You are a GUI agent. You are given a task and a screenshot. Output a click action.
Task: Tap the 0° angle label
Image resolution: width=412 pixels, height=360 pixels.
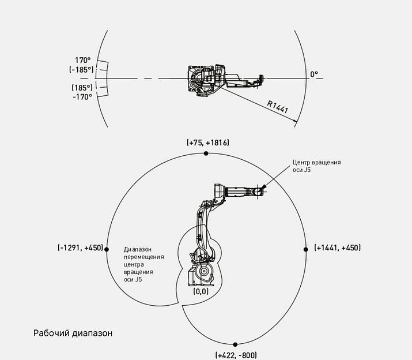[x=314, y=74]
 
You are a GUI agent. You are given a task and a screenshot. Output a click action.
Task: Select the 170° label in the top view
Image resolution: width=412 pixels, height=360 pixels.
[x=83, y=60]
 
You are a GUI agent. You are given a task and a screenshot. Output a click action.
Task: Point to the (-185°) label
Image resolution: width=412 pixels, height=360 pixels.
[x=81, y=69]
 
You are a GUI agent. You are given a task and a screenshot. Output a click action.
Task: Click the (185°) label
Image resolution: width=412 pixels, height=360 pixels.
[x=82, y=88]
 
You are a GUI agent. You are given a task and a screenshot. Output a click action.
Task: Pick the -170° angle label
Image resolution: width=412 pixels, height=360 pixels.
[x=82, y=97]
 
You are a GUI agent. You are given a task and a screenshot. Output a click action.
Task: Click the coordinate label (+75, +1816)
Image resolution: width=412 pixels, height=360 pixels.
[x=208, y=142]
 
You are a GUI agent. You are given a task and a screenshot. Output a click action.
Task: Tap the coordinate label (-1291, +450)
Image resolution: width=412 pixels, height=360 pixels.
[x=80, y=248]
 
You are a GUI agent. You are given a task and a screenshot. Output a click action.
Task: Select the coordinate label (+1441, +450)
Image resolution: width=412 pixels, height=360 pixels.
[x=338, y=248]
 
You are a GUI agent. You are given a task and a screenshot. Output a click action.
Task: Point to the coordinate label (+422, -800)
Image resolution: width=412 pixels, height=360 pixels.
[x=236, y=355]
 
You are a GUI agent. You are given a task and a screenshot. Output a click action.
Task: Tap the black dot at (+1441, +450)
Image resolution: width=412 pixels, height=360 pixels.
[x=306, y=248]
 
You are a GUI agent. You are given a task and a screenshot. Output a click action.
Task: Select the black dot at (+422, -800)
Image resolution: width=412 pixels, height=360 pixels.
[x=235, y=344]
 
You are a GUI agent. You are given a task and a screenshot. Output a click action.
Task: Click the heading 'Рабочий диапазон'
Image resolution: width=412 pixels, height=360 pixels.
[x=73, y=333]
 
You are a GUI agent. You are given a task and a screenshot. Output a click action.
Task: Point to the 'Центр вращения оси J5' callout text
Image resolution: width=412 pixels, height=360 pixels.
[x=316, y=166]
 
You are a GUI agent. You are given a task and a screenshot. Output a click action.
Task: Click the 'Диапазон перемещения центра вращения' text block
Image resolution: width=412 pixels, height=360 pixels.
[x=144, y=264]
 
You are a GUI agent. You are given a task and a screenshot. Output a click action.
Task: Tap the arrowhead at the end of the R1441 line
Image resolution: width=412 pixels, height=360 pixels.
[x=296, y=122]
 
